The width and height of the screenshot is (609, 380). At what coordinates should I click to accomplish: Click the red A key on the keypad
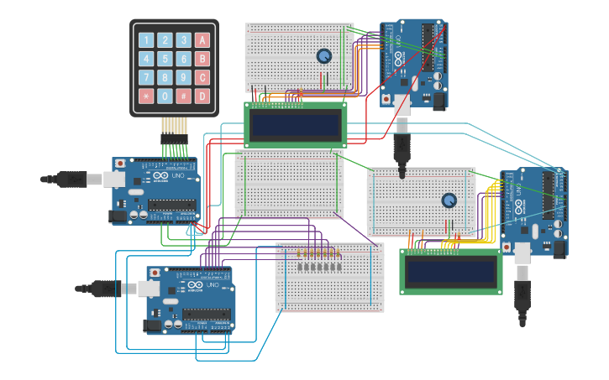point(202,40)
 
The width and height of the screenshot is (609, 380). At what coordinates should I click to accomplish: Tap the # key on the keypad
point(184,96)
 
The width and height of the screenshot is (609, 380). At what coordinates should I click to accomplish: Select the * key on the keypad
point(146,96)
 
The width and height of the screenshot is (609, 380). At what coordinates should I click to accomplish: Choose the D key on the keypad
point(202,96)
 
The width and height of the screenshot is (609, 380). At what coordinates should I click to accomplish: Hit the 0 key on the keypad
point(165,96)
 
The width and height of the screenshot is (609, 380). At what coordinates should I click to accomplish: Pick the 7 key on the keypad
point(146,77)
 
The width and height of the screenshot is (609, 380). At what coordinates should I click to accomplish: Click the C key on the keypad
point(202,77)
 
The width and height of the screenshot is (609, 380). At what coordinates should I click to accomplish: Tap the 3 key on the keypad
point(184,40)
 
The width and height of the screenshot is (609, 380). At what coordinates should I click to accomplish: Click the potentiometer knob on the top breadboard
point(323,56)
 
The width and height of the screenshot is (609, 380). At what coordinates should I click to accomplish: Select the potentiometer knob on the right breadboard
point(449,200)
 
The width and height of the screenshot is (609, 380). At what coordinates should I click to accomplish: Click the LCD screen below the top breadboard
point(295,125)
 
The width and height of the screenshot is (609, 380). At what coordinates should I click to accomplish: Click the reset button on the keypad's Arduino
point(120,164)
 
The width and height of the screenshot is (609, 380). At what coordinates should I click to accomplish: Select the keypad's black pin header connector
point(174,137)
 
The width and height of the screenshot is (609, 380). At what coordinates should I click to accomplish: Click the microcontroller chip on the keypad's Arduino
point(173,205)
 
